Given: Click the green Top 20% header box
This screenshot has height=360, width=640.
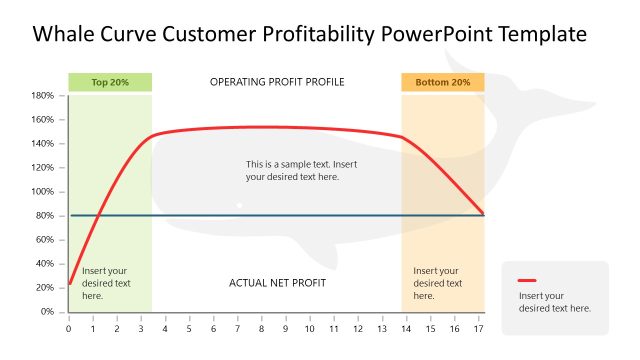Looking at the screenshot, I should [x=109, y=82].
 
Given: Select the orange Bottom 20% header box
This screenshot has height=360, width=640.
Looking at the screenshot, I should [x=442, y=82].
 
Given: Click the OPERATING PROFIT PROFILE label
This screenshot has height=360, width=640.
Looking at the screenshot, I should [x=277, y=82].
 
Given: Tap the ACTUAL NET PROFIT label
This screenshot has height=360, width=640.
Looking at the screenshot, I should [x=277, y=283].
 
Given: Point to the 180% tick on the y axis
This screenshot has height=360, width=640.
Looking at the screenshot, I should [x=42, y=96].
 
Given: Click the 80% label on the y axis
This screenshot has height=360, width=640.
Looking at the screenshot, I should [x=44, y=216].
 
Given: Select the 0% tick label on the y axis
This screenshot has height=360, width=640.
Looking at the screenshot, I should [x=47, y=312].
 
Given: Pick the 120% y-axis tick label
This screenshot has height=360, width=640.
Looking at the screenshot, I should [x=42, y=168].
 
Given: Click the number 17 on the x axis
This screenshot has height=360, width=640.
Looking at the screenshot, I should [x=479, y=328].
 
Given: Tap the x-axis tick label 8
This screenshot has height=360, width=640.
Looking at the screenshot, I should [x=261, y=328].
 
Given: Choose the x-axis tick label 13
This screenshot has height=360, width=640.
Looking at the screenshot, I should [x=382, y=328].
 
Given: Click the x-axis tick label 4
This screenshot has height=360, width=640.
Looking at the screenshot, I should [x=165, y=328].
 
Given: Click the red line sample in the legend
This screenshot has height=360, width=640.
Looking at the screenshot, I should [x=528, y=281].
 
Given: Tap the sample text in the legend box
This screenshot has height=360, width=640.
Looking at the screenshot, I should [x=554, y=302].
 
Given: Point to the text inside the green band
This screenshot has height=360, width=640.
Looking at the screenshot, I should [x=106, y=283].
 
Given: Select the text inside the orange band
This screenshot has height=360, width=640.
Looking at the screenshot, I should [x=437, y=283].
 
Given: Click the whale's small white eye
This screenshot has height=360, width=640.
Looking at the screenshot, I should [x=239, y=205].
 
